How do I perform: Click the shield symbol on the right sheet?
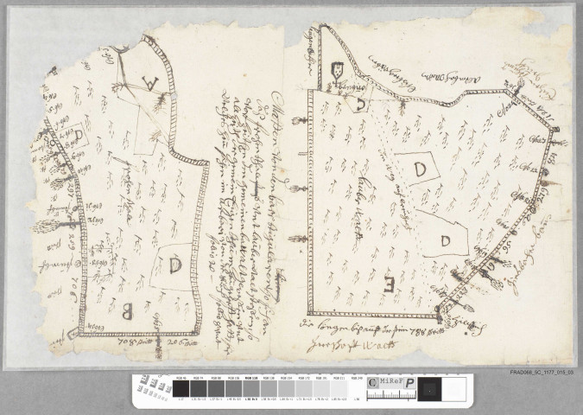point(336,71)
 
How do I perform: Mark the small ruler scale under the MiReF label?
point(387,393)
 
